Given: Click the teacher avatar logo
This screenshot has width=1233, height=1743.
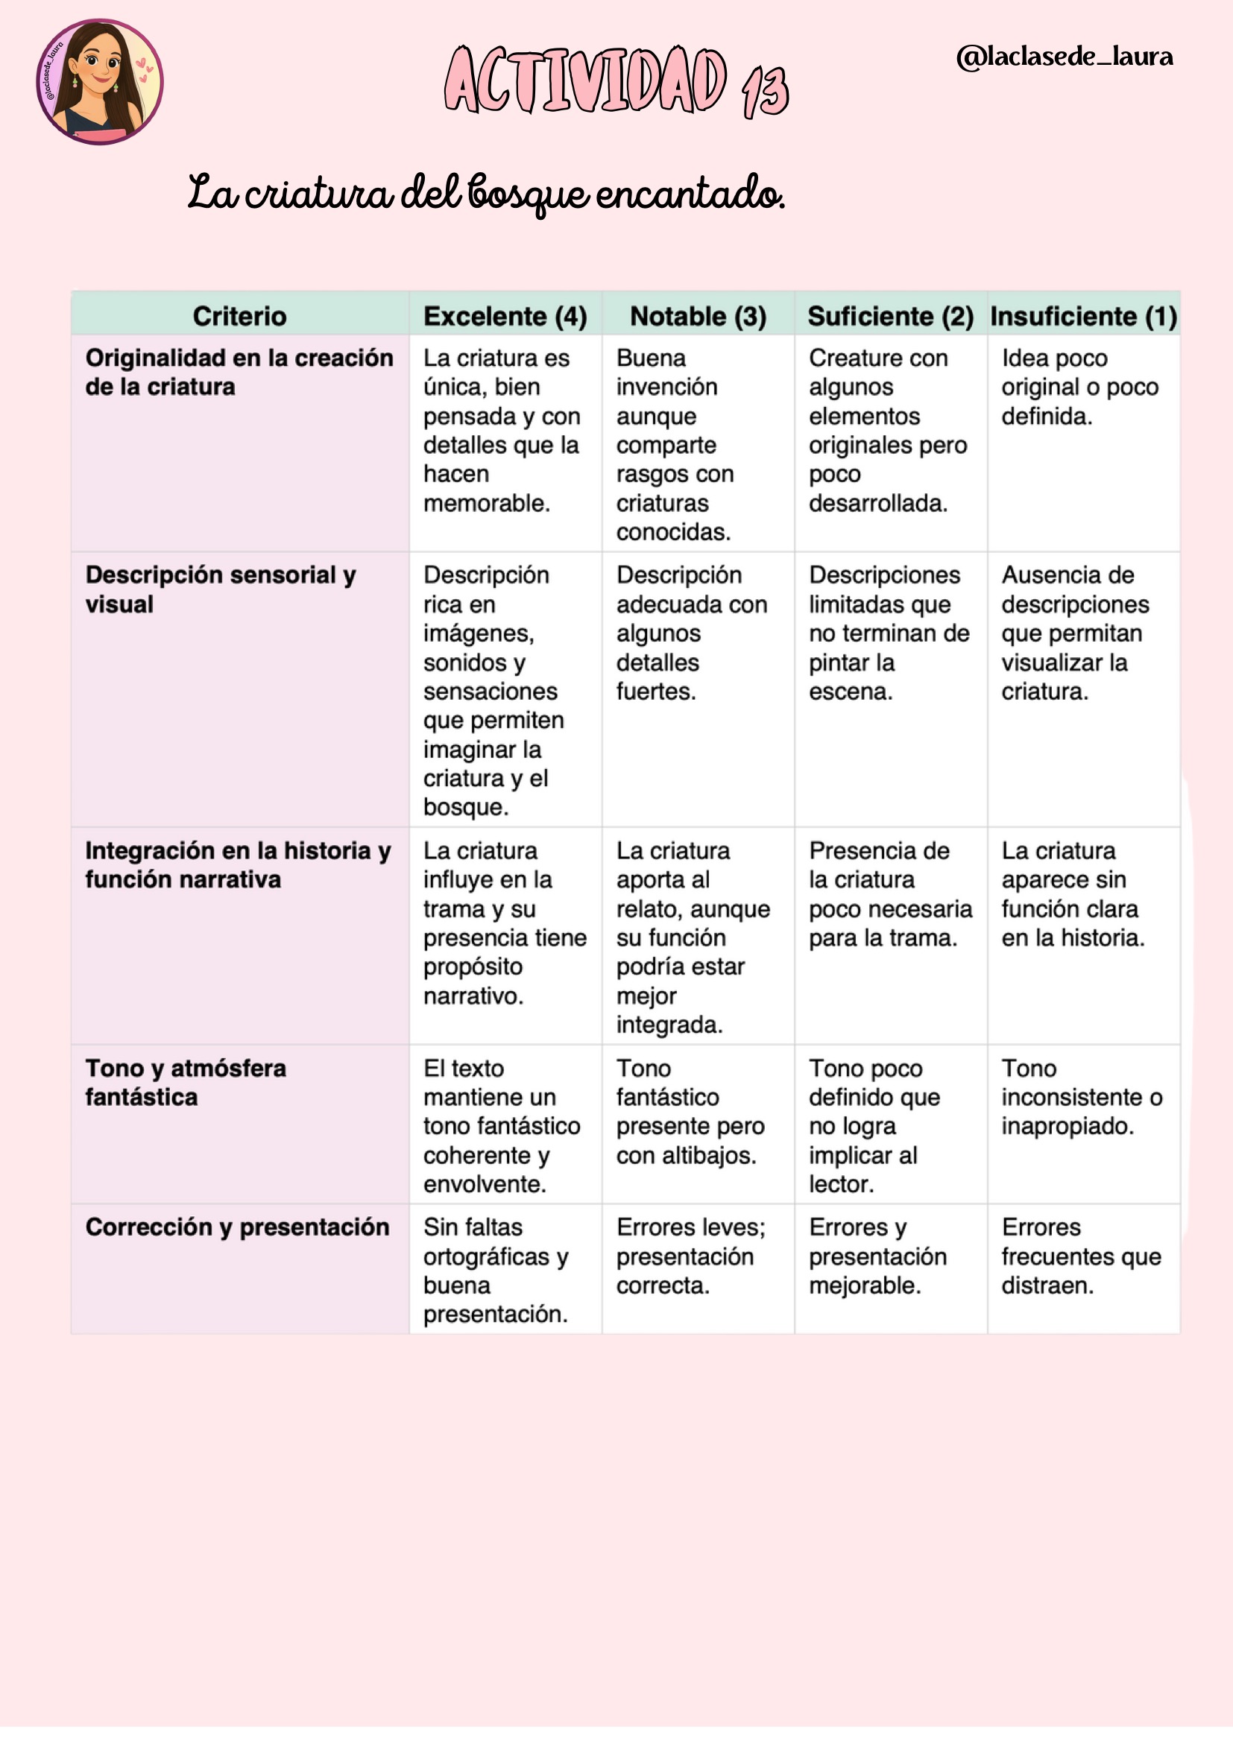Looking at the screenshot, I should [x=99, y=82].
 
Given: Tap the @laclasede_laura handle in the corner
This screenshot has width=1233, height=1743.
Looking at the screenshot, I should [x=1065, y=57].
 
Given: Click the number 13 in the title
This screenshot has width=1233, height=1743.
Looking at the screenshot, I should [x=766, y=91].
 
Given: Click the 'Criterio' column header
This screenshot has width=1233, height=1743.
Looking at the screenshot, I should [x=240, y=316].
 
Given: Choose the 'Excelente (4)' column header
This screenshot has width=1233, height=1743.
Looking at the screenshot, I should [x=505, y=316].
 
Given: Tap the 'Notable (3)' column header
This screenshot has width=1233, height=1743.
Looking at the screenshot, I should [x=698, y=316].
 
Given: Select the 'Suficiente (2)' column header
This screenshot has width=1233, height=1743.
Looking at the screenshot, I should [x=891, y=316].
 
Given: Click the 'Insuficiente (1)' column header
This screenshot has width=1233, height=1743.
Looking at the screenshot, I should [x=1083, y=316].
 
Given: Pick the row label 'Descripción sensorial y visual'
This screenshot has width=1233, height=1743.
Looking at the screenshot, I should [x=220, y=590].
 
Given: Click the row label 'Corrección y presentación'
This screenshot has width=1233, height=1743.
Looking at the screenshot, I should [x=237, y=1227].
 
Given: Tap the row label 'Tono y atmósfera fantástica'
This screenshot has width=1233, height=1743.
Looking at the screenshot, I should [x=186, y=1083].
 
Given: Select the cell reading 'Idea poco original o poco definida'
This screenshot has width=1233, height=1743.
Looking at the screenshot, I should [x=1079, y=387].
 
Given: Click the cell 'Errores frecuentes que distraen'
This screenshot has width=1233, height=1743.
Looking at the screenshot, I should [x=1080, y=1256].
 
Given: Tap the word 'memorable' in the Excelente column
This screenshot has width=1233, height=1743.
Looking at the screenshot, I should [x=486, y=503].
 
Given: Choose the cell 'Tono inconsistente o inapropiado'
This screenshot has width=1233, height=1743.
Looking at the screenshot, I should [x=1081, y=1097].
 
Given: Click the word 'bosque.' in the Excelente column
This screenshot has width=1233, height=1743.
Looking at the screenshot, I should [x=465, y=807].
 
